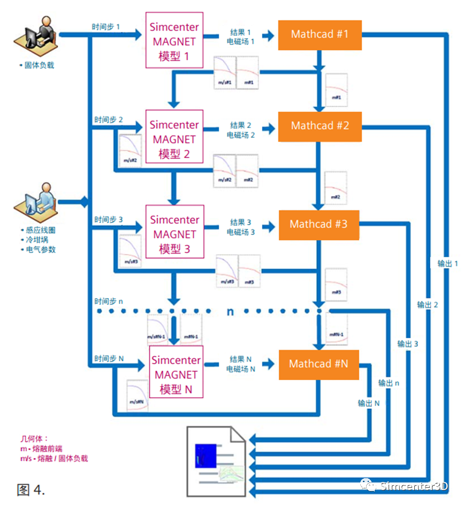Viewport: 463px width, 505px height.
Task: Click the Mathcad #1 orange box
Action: [x=320, y=35]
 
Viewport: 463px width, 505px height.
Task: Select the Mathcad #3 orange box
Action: [x=318, y=224]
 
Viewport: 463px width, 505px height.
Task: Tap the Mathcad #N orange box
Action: [x=318, y=364]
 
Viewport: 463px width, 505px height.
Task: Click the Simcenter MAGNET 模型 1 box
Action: [x=174, y=41]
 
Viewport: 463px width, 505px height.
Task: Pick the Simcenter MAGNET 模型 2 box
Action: [x=174, y=139]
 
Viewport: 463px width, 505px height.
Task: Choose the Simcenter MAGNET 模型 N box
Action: [x=174, y=375]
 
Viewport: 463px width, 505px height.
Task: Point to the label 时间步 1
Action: [x=107, y=26]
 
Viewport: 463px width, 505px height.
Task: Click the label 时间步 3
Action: [x=109, y=220]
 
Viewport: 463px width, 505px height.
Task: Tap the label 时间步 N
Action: [x=109, y=358]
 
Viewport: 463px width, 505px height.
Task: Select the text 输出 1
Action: [x=447, y=263]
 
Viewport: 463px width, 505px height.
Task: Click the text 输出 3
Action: [x=408, y=344]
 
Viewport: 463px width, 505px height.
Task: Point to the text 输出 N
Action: [x=369, y=403]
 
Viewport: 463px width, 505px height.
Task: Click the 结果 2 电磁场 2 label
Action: [x=241, y=130]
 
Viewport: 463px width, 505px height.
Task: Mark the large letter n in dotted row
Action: [x=230, y=311]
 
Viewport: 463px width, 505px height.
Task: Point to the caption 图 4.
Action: [x=31, y=489]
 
